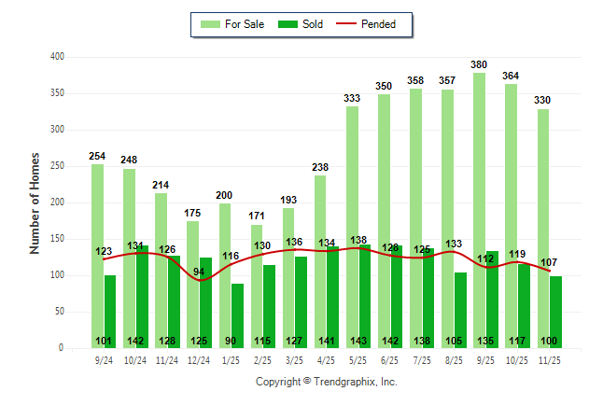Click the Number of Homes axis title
coord(35,202)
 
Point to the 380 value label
coord(479,65)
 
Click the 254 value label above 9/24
coord(97,157)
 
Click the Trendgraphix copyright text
coord(327,382)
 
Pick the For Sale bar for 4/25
coord(320,261)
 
